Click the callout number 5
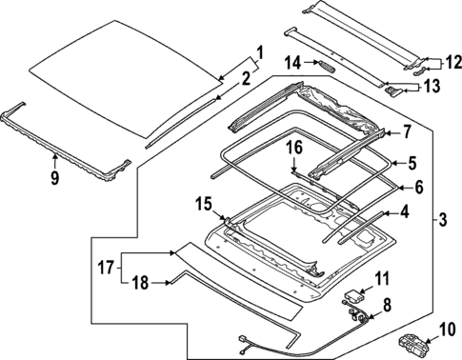click(x=413, y=163)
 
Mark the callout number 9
click(x=54, y=176)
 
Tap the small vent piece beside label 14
click(x=326, y=66)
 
